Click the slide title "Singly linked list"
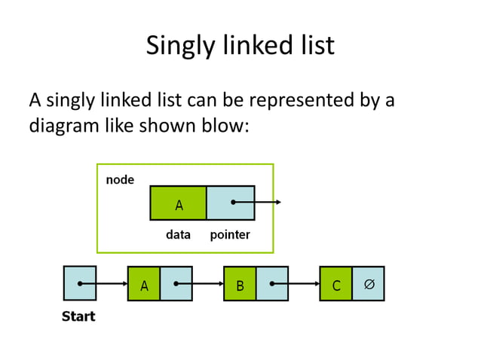pos(240,46)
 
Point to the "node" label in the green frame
pos(120,179)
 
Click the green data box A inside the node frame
pos(179,203)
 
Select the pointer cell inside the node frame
pos(230,203)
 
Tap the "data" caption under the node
pos(178,235)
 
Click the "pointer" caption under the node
pos(230,235)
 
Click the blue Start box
pos(80,283)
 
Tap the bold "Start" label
pos(78,316)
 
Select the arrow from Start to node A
pos(106,284)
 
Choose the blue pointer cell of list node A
pos(176,284)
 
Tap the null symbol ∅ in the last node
pos(369,284)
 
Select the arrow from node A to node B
pos(202,284)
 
